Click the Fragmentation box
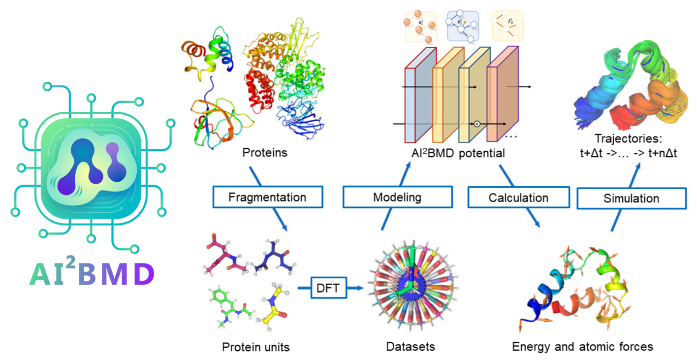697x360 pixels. click(x=267, y=197)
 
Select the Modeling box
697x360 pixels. click(x=397, y=197)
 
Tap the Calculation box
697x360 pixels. click(x=518, y=197)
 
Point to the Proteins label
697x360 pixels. click(x=265, y=153)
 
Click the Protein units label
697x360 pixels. click(x=256, y=347)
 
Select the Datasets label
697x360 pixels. click(x=411, y=346)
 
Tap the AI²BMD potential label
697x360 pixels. click(x=451, y=153)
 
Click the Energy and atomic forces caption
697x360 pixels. click(x=583, y=346)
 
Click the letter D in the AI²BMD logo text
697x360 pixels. click(x=144, y=274)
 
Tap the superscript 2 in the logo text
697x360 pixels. click(x=71, y=264)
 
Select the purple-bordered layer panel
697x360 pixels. click(x=502, y=98)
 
